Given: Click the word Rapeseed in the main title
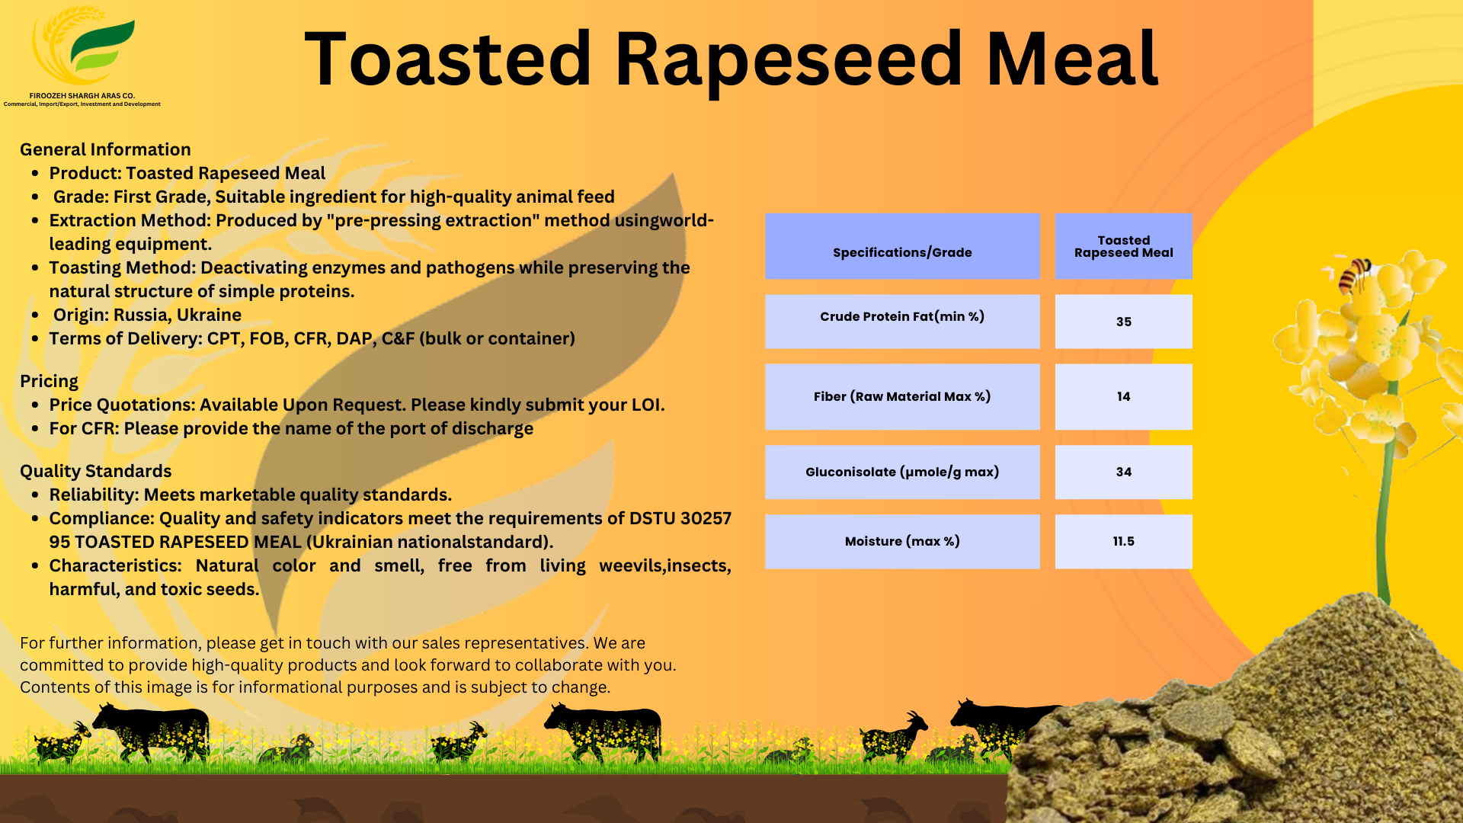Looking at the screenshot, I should [x=789, y=59].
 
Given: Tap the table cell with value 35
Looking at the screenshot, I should [x=1123, y=322].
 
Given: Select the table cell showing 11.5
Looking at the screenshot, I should [x=1123, y=541].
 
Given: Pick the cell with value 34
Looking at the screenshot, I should [x=1123, y=472].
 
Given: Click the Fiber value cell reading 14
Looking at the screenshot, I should [x=1123, y=396].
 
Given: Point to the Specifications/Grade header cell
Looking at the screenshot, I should [x=902, y=252].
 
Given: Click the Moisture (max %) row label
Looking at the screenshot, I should [x=902, y=541].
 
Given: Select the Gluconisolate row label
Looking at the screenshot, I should [x=902, y=472].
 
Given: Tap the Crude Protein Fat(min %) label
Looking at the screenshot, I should [x=902, y=316].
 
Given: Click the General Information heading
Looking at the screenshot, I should [x=105, y=149].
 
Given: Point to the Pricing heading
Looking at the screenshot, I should [x=49, y=381].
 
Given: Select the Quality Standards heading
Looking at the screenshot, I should [x=96, y=471].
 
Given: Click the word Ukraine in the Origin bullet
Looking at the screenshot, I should [x=209, y=315].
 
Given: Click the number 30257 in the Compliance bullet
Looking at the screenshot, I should [x=706, y=518].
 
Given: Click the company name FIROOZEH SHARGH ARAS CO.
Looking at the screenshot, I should [x=82, y=96].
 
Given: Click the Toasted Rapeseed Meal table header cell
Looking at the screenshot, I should [x=1123, y=246].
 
